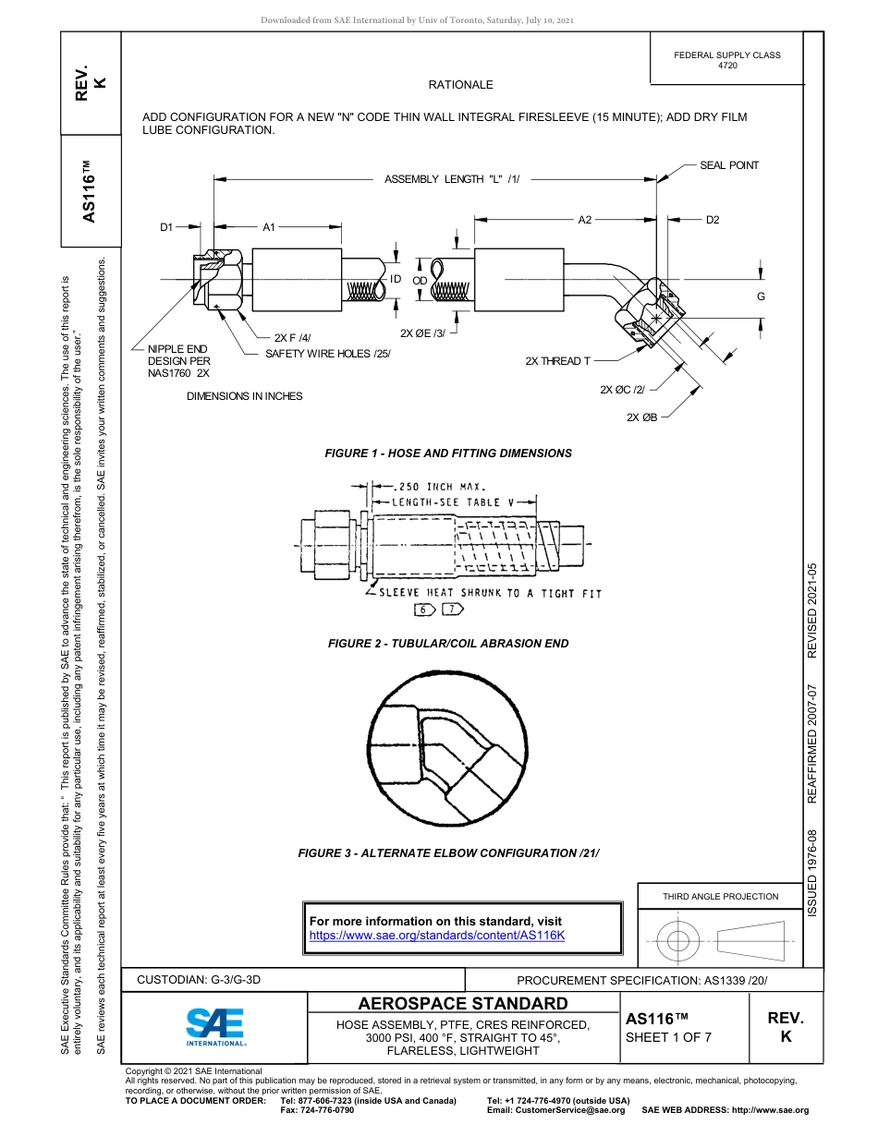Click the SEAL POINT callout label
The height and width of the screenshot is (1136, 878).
pyautogui.click(x=729, y=165)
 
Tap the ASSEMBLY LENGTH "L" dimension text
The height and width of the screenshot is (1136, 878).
pyautogui.click(x=452, y=179)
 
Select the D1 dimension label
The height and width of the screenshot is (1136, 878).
pyautogui.click(x=166, y=226)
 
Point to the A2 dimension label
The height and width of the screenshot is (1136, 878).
pyautogui.click(x=585, y=220)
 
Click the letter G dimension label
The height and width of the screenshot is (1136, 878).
pyautogui.click(x=761, y=296)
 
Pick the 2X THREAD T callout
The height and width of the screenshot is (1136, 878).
pyautogui.click(x=557, y=361)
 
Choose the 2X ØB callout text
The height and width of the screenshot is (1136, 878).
pyautogui.click(x=642, y=417)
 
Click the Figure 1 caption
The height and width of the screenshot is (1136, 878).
pyautogui.click(x=448, y=453)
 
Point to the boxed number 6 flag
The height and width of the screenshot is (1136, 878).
pyautogui.click(x=423, y=610)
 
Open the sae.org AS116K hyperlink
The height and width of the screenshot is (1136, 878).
pyautogui.click(x=436, y=936)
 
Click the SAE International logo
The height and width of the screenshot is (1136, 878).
pyautogui.click(x=215, y=1025)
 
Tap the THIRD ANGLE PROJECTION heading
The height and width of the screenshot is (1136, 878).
pyautogui.click(x=720, y=896)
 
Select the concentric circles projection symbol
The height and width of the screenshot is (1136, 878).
pyautogui.click(x=678, y=941)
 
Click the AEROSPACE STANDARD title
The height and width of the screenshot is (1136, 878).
pyautogui.click(x=463, y=1004)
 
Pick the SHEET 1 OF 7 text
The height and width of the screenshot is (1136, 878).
pyautogui.click(x=668, y=1036)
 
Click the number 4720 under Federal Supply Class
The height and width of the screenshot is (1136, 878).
pyautogui.click(x=727, y=66)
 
